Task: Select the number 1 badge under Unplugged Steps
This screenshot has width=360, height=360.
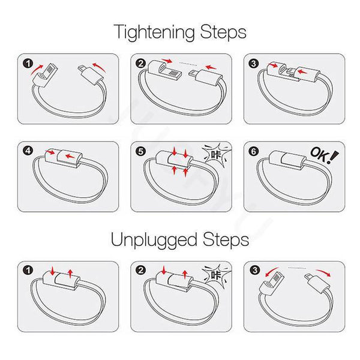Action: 27,270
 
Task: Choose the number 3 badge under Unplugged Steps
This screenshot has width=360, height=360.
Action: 254,270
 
